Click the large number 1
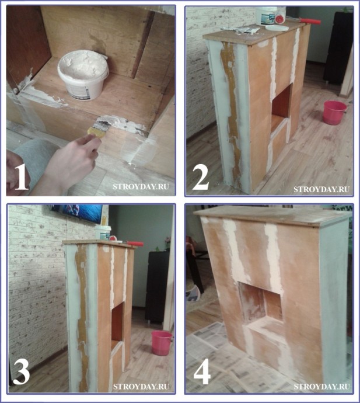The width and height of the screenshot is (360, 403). pos(21,178)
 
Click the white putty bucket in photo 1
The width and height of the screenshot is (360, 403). pos(83,75)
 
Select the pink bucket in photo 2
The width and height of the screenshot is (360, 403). pos(334,113)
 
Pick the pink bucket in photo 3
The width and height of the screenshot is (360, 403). pos(162,343)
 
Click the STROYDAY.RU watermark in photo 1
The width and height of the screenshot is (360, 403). pos(141,186)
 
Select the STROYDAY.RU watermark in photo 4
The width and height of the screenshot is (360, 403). pos(321,386)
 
